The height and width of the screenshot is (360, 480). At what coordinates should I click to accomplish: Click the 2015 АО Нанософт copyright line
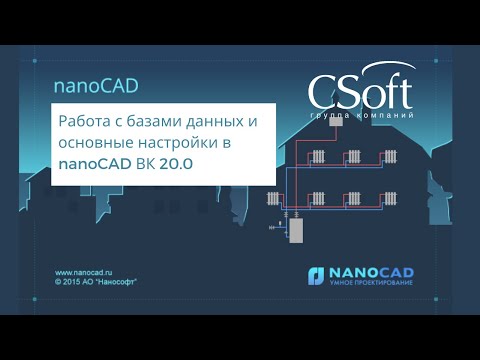point(97,282)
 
